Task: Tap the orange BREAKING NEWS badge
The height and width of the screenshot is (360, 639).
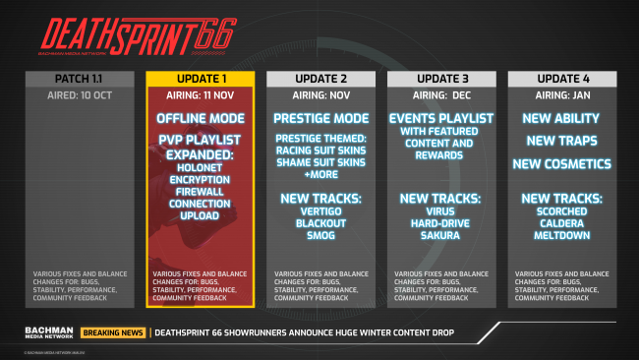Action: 113,332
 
